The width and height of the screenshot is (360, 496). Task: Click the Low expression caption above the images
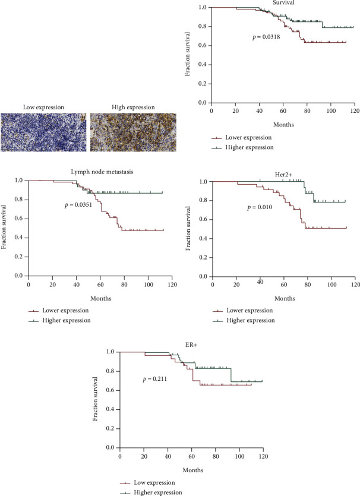click(x=43, y=107)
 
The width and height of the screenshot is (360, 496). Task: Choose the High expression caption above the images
click(x=133, y=107)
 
